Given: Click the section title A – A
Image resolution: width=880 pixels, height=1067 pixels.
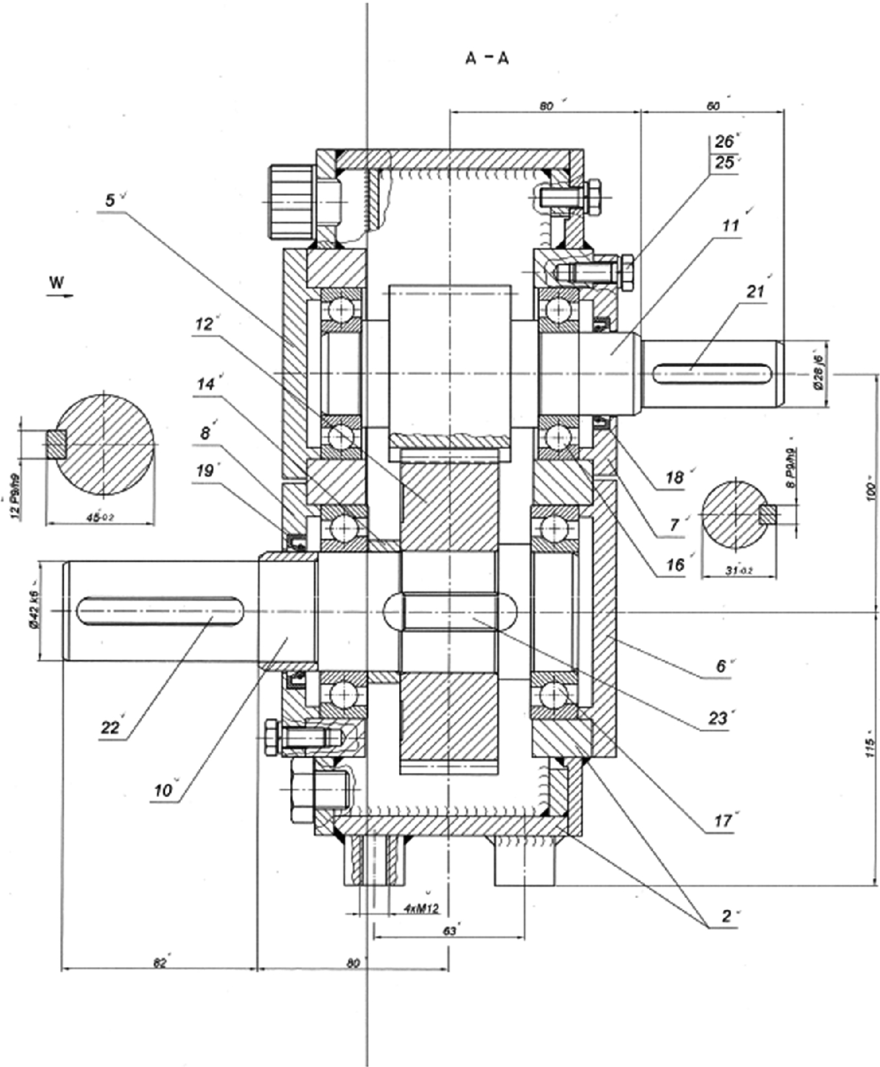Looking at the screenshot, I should pos(487,58).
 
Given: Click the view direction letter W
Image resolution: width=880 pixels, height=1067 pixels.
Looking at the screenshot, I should pos(57,283).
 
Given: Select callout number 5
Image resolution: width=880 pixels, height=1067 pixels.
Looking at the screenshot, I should pos(110,200).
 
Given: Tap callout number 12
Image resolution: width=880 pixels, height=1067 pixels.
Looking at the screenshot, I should pos(204,323).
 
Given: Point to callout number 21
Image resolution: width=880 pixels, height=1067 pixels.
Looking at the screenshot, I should pos(756,292).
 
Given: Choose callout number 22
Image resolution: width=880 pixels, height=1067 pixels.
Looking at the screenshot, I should pos(110,727).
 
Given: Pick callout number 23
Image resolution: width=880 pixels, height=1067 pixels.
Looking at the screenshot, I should pos(717,718).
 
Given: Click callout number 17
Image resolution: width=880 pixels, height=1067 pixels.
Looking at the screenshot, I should pos(723,821).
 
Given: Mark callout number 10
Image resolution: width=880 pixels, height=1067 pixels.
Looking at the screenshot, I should pos(163,790).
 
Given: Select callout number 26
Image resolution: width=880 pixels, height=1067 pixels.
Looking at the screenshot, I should pos(724,141).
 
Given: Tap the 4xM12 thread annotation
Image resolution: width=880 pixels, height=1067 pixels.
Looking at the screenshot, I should pos(421,908).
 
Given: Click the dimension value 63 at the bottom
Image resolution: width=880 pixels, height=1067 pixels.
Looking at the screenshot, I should pos(449,931).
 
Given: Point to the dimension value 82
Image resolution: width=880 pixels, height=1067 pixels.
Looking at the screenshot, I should pos(159,963).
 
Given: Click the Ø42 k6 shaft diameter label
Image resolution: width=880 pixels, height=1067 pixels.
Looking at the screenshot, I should pos(34,610).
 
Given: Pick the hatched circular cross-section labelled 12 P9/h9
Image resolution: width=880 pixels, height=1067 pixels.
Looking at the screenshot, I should pos(104,445).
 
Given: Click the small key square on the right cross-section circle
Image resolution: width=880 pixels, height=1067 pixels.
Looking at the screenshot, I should pos(767,515).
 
